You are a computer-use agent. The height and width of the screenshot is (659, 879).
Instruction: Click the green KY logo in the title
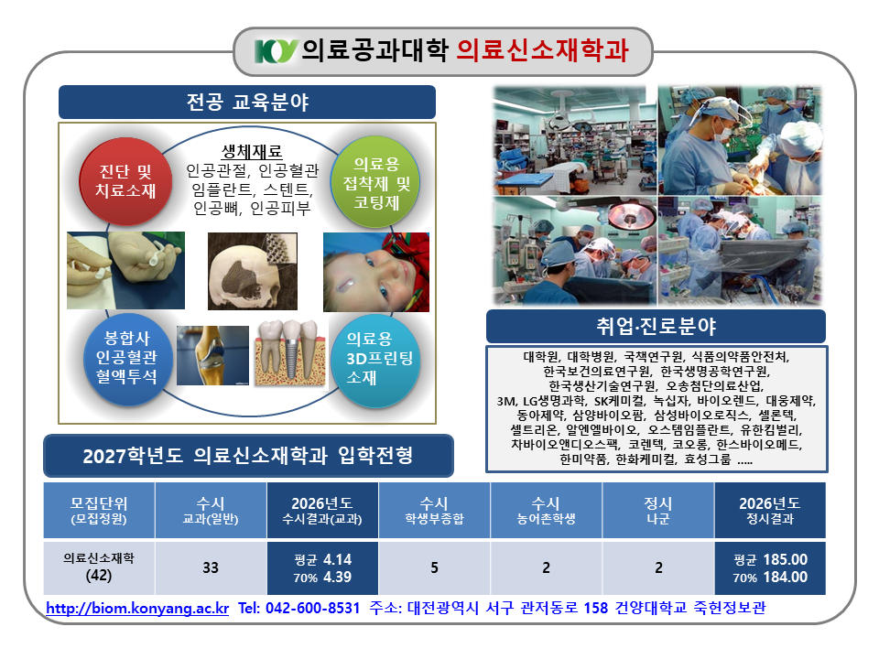[276, 51]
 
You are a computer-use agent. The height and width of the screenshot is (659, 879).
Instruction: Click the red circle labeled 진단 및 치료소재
[125, 181]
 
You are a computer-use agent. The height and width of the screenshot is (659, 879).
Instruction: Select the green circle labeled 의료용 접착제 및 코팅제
[375, 182]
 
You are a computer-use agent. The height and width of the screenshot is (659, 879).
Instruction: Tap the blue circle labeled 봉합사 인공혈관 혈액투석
[126, 358]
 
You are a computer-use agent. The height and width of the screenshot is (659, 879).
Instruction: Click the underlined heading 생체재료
[252, 151]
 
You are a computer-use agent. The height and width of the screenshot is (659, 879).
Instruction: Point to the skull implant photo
[253, 271]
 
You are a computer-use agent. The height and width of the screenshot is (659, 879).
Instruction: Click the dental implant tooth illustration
[290, 353]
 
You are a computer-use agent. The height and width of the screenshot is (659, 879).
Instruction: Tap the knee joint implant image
[212, 355]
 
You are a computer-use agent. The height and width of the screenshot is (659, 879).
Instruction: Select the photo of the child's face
[376, 273]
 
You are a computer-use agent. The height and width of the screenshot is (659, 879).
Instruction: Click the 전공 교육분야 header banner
[247, 102]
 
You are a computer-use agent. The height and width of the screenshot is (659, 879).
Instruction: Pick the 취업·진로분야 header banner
[656, 326]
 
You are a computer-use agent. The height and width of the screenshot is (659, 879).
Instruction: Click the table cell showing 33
[211, 567]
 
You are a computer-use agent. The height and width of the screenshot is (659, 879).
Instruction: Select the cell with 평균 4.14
[322, 567]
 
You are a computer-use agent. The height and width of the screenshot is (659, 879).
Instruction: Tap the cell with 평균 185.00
[770, 567]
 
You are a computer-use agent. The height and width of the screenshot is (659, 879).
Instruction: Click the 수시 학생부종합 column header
[434, 511]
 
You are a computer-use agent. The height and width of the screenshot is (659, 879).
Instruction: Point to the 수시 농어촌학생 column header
[546, 511]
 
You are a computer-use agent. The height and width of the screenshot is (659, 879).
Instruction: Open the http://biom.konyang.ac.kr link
[137, 609]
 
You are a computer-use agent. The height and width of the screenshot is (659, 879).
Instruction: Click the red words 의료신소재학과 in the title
[542, 50]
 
